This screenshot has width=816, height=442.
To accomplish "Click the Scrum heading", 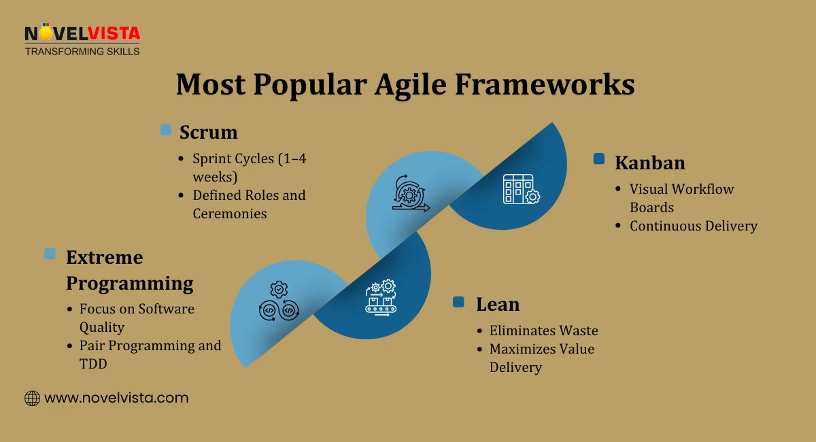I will [208, 132].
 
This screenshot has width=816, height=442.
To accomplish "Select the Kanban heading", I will [649, 163].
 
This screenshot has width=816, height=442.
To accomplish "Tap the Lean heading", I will [497, 304].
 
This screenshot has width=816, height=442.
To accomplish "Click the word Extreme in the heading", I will [104, 257].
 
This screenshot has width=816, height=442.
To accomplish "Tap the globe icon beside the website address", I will [32, 398].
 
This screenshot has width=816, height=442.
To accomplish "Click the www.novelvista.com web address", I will [116, 398].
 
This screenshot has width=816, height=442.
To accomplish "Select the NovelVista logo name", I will [82, 33].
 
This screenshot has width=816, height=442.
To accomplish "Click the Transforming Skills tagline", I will [82, 51].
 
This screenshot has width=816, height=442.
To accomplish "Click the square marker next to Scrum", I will [166, 130].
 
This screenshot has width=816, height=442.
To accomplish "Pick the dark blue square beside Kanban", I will [599, 158].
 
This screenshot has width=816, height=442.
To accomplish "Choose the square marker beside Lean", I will [459, 302].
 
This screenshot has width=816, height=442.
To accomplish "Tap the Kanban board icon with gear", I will [521, 190].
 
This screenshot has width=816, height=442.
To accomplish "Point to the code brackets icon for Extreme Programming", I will [279, 301].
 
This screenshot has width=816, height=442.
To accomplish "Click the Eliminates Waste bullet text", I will [543, 331].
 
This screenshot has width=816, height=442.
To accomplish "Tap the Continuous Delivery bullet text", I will [693, 226].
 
